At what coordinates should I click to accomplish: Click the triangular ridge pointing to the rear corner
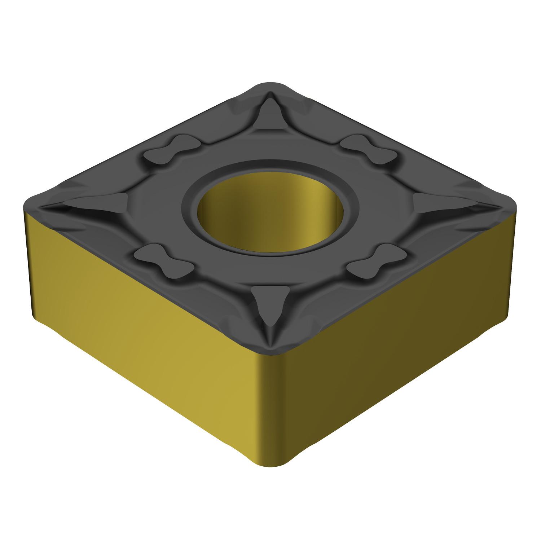(270, 114)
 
